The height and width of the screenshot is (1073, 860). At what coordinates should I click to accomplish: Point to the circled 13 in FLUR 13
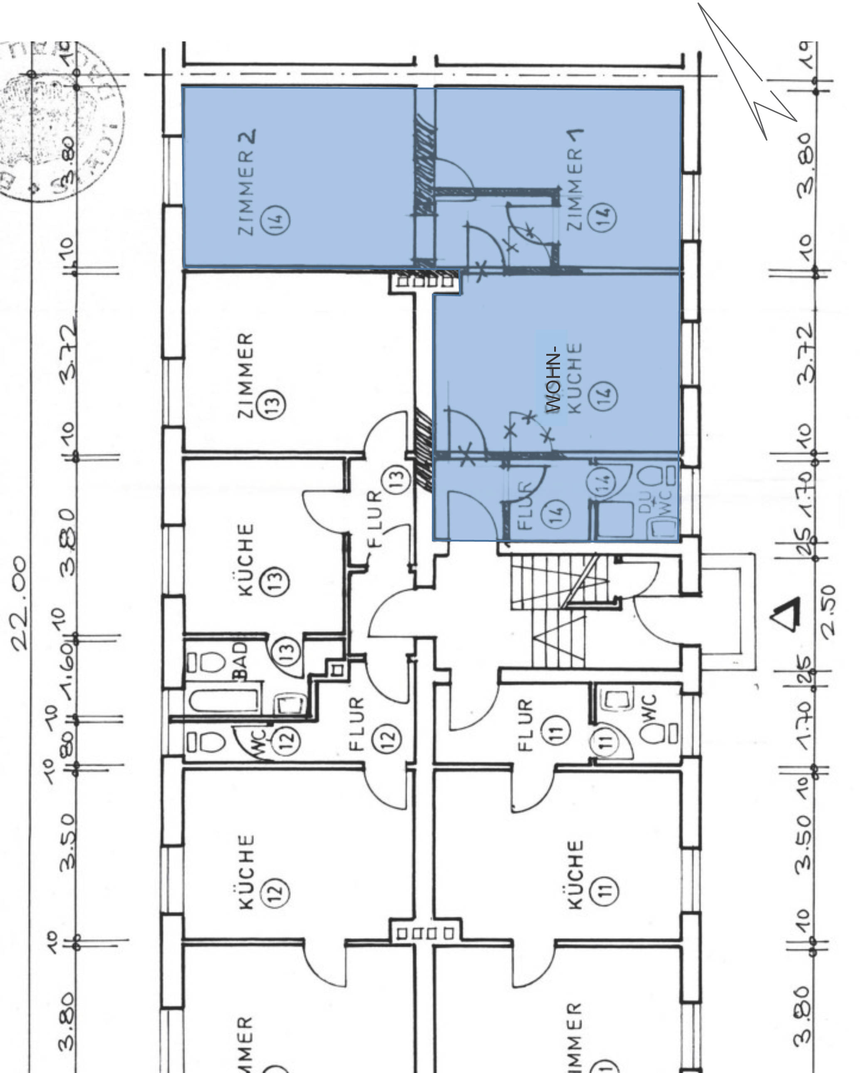tap(397, 478)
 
